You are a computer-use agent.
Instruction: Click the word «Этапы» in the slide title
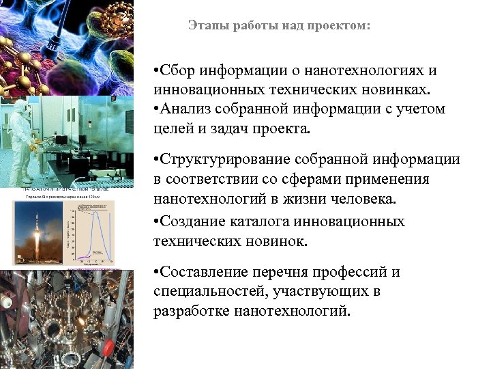(204, 26)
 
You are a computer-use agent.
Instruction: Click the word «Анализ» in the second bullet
(186, 109)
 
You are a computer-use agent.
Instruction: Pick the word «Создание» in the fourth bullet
(190, 222)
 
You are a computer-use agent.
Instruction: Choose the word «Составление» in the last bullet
(201, 273)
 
